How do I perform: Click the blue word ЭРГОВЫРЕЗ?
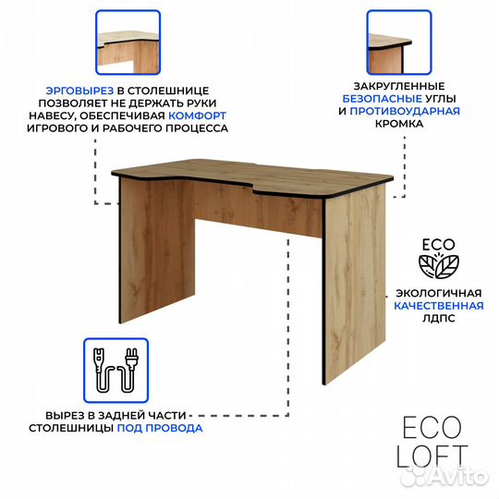click(79, 91)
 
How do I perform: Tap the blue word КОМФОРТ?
click(198, 116)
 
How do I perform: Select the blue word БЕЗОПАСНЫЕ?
click(383, 99)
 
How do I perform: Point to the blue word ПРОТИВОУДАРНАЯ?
click(405, 111)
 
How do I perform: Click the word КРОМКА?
click(399, 124)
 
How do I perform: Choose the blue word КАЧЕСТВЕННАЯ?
click(439, 306)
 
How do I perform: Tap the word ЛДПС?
click(439, 318)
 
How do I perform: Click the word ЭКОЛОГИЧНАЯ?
click(439, 293)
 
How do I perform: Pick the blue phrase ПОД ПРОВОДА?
click(160, 428)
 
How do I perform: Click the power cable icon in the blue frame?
click(116, 371)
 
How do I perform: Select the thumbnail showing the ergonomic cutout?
click(128, 43)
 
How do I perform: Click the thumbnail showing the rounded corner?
click(399, 43)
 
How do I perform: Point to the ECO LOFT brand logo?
click(432, 443)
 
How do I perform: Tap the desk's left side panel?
click(157, 249)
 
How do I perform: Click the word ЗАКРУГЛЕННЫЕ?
click(399, 86)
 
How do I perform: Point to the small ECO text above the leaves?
click(439, 245)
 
